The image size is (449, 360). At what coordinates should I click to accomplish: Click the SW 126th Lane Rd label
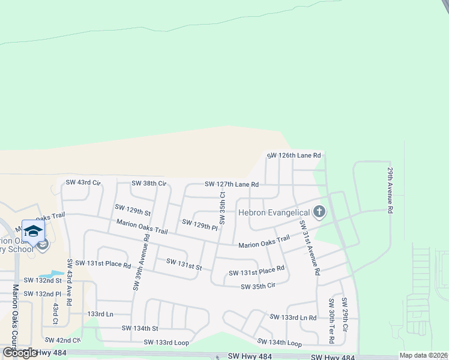click(294, 155)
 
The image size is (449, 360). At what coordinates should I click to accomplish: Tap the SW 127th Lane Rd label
click(232, 184)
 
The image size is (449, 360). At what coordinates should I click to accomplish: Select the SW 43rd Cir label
click(83, 182)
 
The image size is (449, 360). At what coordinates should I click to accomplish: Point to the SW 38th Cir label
click(149, 183)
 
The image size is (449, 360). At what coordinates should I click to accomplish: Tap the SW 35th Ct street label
click(222, 208)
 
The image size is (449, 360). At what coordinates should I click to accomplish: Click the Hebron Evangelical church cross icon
click(319, 212)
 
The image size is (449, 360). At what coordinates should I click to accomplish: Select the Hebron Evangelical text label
click(274, 212)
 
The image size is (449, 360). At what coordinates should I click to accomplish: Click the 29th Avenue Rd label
click(390, 190)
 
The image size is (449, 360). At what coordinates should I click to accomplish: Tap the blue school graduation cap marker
click(34, 232)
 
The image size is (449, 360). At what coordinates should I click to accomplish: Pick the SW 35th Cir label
click(258, 287)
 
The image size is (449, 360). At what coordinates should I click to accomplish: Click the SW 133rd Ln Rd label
click(293, 317)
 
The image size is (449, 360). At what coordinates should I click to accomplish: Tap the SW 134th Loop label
click(279, 342)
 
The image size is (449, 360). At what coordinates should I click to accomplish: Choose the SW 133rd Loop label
click(166, 342)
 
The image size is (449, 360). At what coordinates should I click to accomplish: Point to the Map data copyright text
click(423, 355)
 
